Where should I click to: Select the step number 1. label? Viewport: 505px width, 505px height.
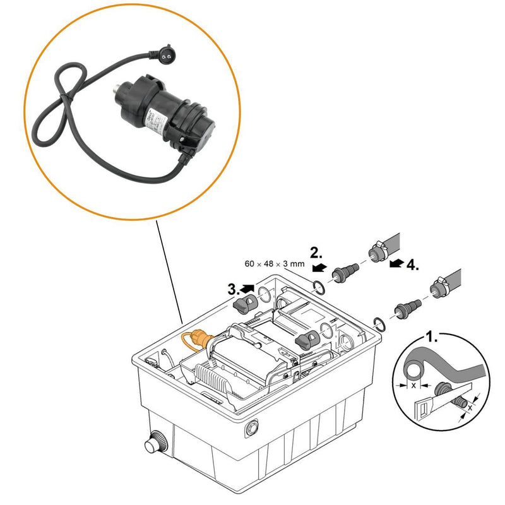pyautogui.click(x=431, y=337)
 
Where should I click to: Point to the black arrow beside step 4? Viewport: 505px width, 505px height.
pyautogui.click(x=396, y=263)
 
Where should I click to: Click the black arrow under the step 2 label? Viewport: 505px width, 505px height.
pyautogui.click(x=319, y=268)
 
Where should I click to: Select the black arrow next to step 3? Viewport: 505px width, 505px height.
pyautogui.click(x=248, y=289)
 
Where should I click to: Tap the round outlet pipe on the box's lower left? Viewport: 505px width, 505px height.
pyautogui.click(x=154, y=444)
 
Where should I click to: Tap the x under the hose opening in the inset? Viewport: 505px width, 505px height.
pyautogui.click(x=413, y=384)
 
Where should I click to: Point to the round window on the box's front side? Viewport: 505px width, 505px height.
pyautogui.click(x=252, y=427)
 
